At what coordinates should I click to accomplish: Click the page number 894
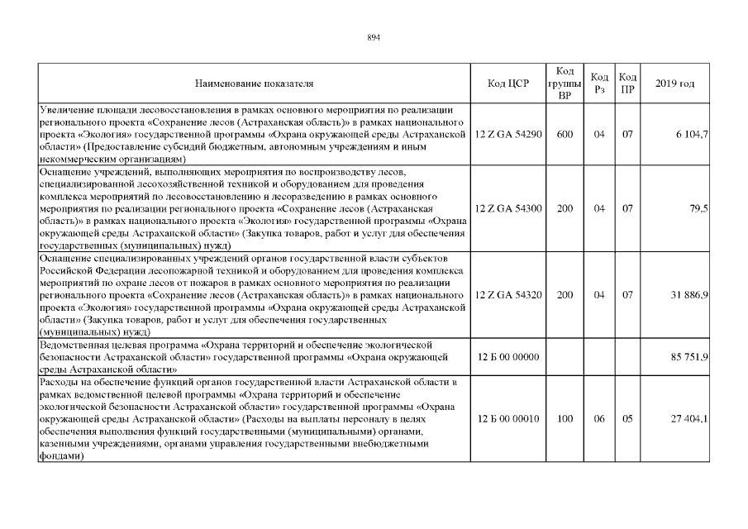click(x=374, y=38)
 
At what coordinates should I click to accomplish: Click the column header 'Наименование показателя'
click(x=254, y=83)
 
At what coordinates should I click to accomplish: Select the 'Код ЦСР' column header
click(x=507, y=83)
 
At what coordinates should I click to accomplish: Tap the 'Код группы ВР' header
click(x=565, y=83)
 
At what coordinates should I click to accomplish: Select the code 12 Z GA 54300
click(x=508, y=209)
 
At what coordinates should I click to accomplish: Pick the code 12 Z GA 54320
click(x=508, y=295)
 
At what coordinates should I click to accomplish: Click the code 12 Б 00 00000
click(x=508, y=357)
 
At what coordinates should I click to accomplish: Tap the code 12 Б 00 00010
click(x=508, y=419)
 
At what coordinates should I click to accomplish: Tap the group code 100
click(x=565, y=419)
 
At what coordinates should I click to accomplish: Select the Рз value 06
click(x=600, y=419)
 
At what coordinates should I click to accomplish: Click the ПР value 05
click(x=627, y=419)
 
